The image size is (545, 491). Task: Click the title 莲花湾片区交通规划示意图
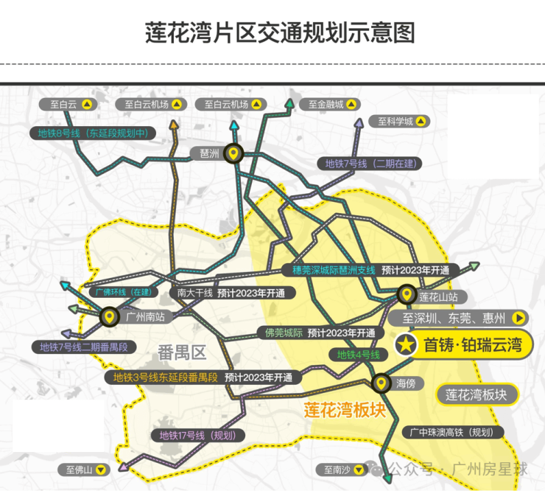point(280,32)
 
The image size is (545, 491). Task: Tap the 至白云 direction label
point(68,105)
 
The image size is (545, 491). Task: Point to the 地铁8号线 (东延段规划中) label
point(93,133)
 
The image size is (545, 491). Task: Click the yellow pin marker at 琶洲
point(233,153)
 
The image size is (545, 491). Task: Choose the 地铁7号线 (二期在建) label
point(370,164)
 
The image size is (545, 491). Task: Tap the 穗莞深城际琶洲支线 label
point(334,271)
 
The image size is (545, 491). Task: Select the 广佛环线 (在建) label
point(124,292)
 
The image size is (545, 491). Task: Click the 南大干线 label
point(194,293)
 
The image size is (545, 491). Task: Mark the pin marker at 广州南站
point(110,317)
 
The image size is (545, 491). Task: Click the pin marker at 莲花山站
point(407,295)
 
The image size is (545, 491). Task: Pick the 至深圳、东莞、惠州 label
point(458,318)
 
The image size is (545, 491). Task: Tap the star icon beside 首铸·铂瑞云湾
point(406,345)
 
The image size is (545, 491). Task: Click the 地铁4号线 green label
point(359,355)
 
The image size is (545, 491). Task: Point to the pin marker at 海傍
point(381,383)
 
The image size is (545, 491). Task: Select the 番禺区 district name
point(182,353)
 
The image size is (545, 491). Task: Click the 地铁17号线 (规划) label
point(198,435)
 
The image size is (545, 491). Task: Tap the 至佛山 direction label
point(84,470)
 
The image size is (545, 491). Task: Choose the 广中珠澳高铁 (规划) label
point(452,432)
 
